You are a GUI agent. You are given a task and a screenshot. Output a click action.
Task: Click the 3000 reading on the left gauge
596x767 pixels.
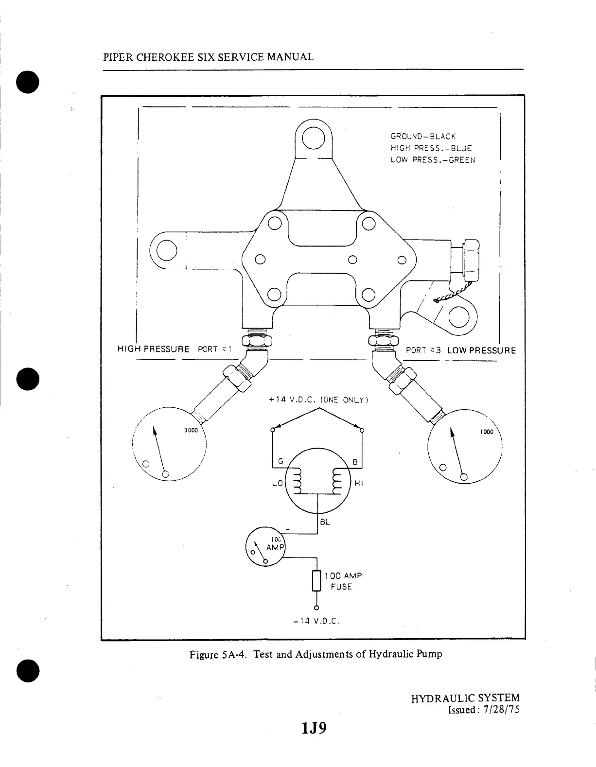[x=191, y=430]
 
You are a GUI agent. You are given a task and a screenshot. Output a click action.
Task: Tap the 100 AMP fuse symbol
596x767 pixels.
[x=316, y=581]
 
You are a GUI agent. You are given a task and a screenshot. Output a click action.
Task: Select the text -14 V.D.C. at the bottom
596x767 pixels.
[x=316, y=621]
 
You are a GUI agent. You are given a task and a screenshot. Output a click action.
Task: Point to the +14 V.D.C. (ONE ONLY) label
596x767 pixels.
[x=318, y=400]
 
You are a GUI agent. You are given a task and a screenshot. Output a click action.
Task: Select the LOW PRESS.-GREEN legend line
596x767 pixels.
[x=433, y=160]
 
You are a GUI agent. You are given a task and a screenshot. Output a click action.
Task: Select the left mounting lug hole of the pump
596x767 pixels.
[x=166, y=250]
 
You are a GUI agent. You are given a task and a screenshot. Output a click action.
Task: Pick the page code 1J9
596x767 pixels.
[x=314, y=729]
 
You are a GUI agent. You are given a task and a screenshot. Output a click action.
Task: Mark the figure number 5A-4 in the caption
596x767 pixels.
[x=236, y=654]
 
